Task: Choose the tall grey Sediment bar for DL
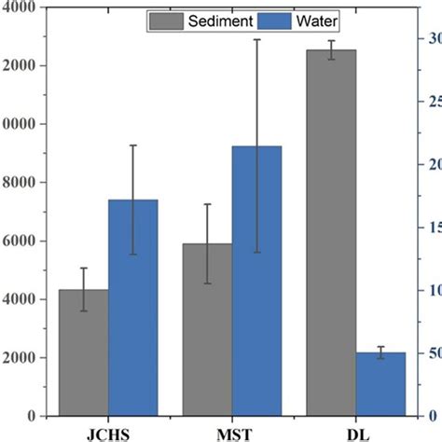(331, 233)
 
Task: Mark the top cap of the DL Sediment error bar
(331, 41)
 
